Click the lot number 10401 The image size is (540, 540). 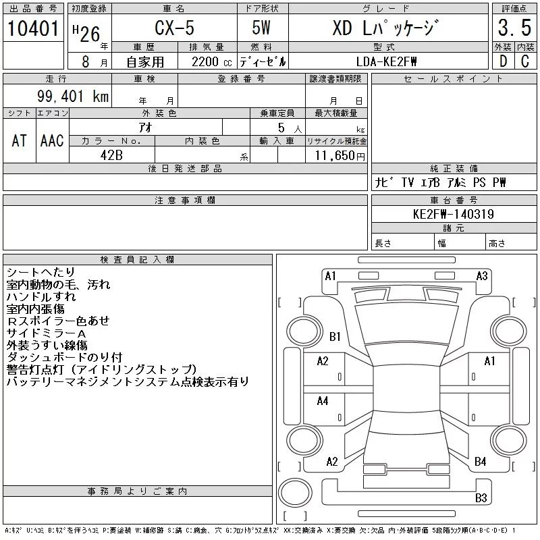(33, 28)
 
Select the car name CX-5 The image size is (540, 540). (175, 28)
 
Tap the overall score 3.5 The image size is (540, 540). (514, 28)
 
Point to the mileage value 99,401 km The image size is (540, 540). (73, 96)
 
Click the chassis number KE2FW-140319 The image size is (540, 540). (454, 214)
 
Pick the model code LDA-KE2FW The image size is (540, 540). (386, 61)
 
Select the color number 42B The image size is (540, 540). (111, 155)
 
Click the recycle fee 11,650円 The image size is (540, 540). (340, 156)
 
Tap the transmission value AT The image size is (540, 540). (20, 140)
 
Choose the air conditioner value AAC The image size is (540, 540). (52, 140)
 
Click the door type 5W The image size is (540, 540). (261, 28)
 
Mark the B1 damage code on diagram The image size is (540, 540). (335, 336)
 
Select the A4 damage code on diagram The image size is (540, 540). (323, 401)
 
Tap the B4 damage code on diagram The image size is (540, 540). (481, 461)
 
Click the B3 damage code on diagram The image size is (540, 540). (481, 498)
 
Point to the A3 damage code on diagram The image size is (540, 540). (482, 276)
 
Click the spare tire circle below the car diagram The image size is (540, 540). (295, 493)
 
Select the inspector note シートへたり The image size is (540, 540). (40, 272)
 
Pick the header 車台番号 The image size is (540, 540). (454, 200)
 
